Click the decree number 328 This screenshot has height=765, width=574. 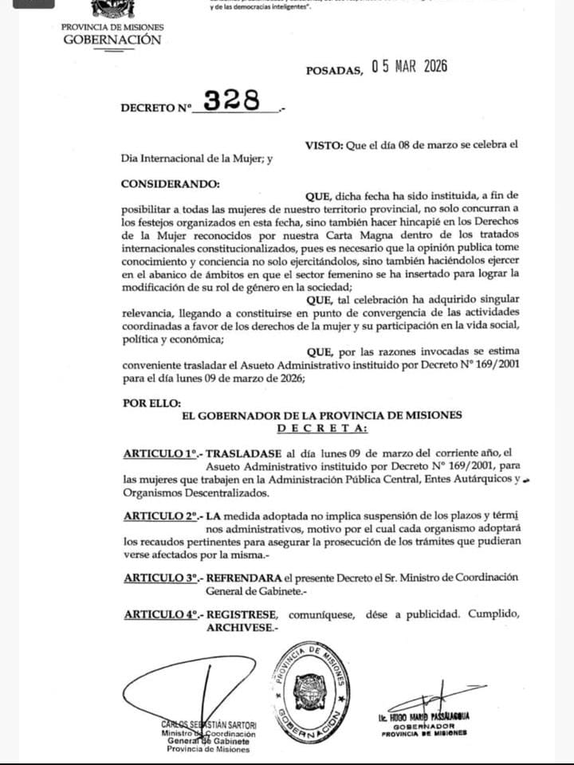tap(232, 100)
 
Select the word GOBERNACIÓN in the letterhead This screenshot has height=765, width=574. tap(112, 39)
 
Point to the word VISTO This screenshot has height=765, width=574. tap(323, 145)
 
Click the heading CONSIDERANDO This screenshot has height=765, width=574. tap(169, 183)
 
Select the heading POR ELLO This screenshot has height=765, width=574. tap(151, 403)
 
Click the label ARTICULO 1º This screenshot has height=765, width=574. tap(160, 453)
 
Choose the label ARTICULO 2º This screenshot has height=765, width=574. tap(160, 516)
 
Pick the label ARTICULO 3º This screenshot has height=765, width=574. tap(160, 578)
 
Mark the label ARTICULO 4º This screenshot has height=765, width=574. tap(160, 615)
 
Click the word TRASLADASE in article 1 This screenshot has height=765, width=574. tap(241, 453)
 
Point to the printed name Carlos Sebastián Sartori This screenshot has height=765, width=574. tap(209, 724)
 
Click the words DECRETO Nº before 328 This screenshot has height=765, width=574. tap(156, 107)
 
